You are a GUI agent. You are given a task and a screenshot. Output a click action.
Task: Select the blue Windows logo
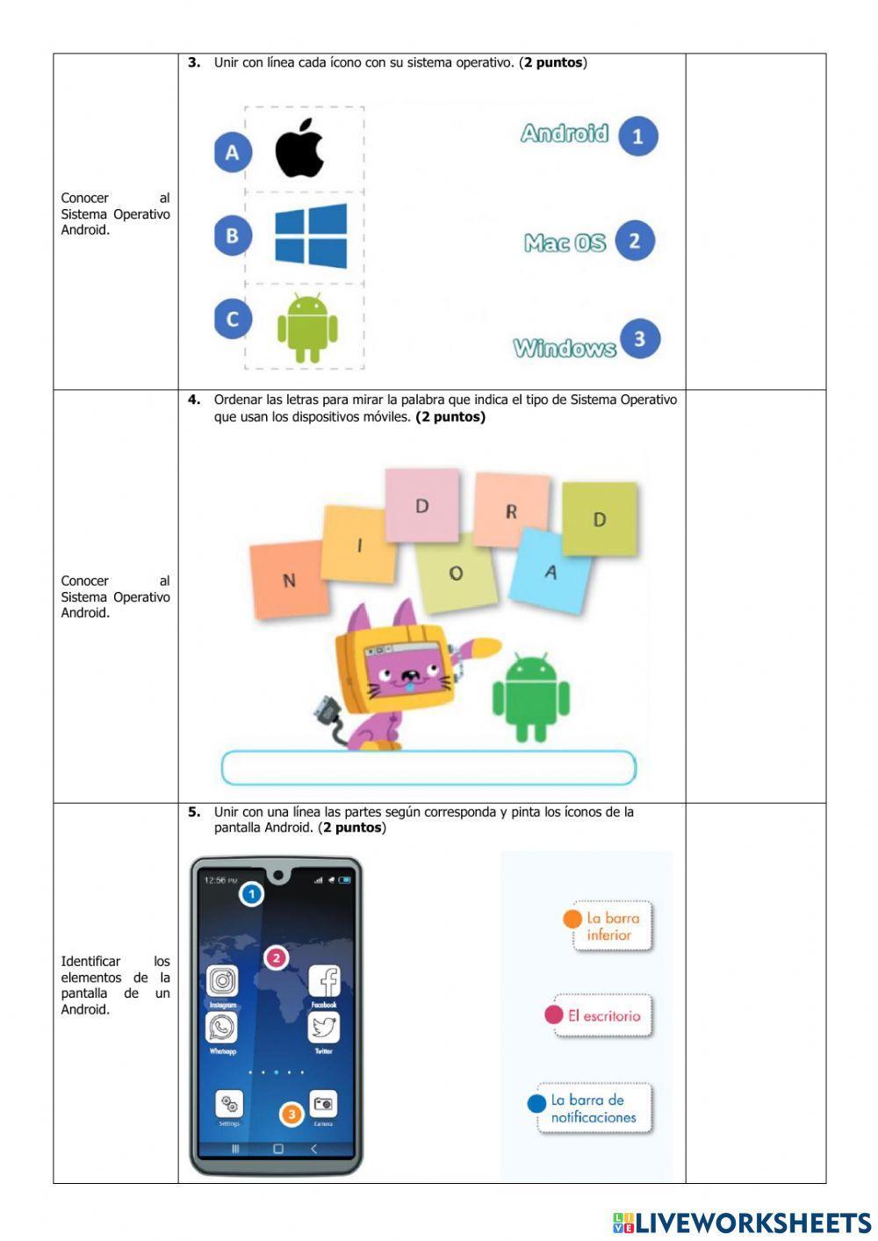[311, 235]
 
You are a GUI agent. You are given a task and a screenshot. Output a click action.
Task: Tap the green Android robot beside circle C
[307, 328]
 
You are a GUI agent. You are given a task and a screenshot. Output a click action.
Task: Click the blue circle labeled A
[233, 153]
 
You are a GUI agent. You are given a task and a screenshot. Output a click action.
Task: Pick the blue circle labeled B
[233, 235]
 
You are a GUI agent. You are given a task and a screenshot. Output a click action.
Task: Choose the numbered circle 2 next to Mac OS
[635, 241]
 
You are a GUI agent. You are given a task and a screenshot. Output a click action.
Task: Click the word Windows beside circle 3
[565, 348]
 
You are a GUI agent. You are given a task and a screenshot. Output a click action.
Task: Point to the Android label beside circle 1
[564, 133]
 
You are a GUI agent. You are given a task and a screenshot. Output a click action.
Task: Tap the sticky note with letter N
[289, 579]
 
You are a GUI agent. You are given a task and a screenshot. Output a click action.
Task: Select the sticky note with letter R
[511, 510]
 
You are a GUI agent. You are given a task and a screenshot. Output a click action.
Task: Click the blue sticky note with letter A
[551, 571]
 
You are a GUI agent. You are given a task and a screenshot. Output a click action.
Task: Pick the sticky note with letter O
[456, 573]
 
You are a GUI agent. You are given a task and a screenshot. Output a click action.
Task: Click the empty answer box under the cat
[428, 768]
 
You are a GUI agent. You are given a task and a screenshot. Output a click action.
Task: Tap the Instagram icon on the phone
[222, 981]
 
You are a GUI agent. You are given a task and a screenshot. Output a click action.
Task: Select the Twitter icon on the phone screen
[324, 1027]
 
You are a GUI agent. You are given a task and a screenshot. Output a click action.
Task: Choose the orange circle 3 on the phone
[291, 1115]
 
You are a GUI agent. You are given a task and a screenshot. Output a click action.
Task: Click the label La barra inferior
[612, 926]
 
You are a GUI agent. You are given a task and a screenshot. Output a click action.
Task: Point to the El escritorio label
[603, 1015]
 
